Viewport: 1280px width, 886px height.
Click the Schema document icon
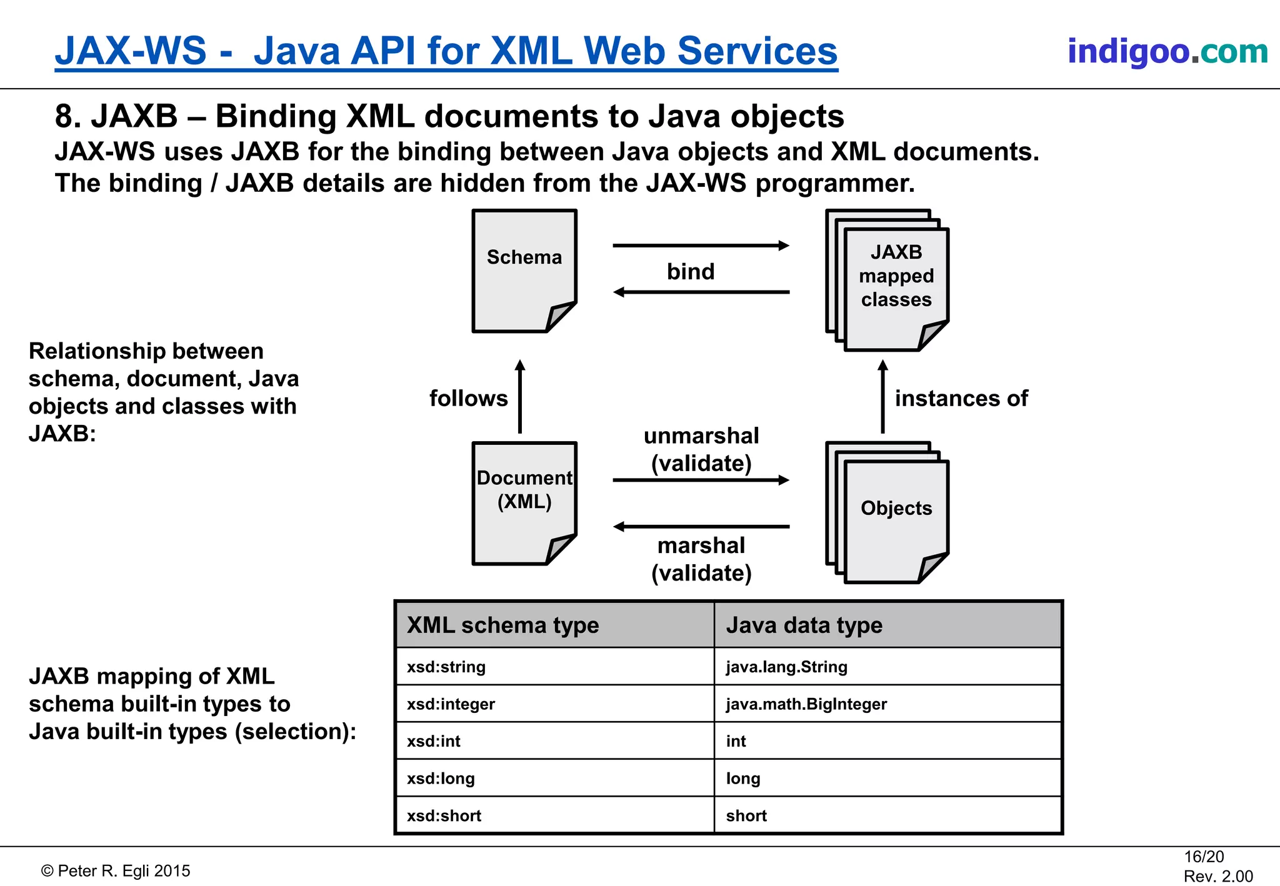(x=524, y=270)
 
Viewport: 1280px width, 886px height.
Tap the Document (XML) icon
(x=524, y=503)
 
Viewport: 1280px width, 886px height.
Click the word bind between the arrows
(x=690, y=272)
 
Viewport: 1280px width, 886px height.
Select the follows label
(x=468, y=399)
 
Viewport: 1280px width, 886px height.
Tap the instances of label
(x=961, y=399)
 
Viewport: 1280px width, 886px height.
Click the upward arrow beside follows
(x=519, y=397)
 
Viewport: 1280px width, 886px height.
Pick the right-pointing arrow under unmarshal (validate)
(x=700, y=480)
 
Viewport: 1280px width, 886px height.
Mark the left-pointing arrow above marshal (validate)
(x=700, y=527)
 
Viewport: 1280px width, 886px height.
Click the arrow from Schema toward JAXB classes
(x=700, y=246)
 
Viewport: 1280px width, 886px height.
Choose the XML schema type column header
(x=502, y=625)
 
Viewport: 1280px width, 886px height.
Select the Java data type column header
(x=804, y=625)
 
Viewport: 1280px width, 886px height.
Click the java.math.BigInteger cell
(x=806, y=704)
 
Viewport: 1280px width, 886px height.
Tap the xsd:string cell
(x=446, y=667)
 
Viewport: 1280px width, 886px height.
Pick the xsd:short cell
(x=444, y=815)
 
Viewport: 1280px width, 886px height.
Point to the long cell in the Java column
(x=743, y=779)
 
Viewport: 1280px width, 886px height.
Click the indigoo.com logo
(x=1167, y=51)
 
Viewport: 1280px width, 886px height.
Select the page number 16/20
(x=1203, y=857)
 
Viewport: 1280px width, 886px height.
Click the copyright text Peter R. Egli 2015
(x=116, y=871)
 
